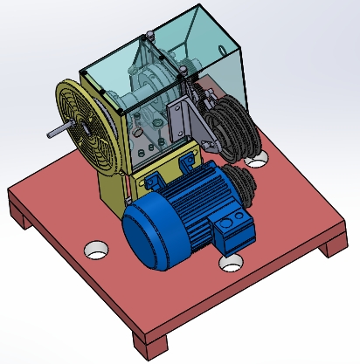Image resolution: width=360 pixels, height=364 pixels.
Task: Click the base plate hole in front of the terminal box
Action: (232, 261)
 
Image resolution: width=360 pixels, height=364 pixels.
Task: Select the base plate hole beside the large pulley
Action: (257, 159)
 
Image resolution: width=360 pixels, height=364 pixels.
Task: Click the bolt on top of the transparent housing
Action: (151, 35)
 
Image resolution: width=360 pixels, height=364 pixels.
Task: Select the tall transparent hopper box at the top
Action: (210, 44)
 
